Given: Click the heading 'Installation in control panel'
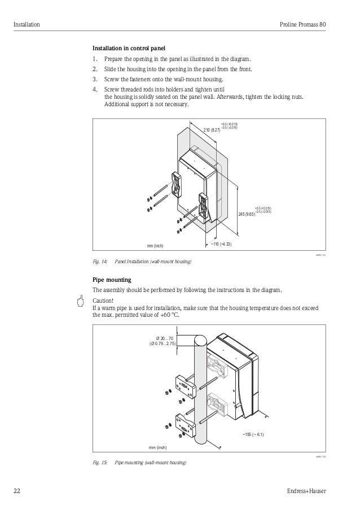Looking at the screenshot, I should pyautogui.click(x=129, y=47).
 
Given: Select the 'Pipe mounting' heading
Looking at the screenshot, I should pyautogui.click(x=112, y=280).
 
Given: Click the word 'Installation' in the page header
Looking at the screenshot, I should pyautogui.click(x=27, y=25).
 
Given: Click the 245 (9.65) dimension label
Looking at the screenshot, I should pyautogui.click(x=247, y=214).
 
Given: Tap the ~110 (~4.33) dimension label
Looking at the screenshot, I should pyautogui.click(x=221, y=244).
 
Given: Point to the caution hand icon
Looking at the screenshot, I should pyautogui.click(x=82, y=300).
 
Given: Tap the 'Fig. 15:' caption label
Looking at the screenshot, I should pyautogui.click(x=100, y=463).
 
